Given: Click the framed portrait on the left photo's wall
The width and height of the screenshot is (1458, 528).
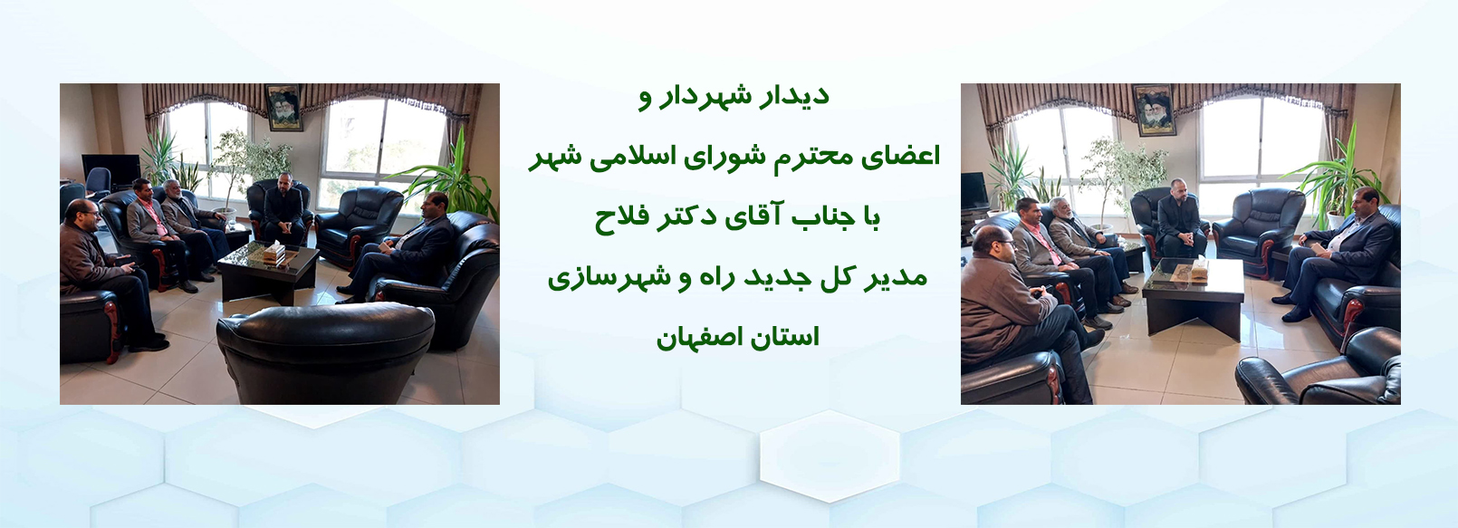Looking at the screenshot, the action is pyautogui.click(x=283, y=107).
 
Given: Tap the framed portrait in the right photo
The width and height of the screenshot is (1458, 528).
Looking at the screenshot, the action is pyautogui.click(x=1155, y=110).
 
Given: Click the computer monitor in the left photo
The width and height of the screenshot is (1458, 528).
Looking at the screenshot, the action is pyautogui.click(x=110, y=170).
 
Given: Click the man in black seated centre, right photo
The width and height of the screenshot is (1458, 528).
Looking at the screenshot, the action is pyautogui.click(x=1181, y=218).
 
